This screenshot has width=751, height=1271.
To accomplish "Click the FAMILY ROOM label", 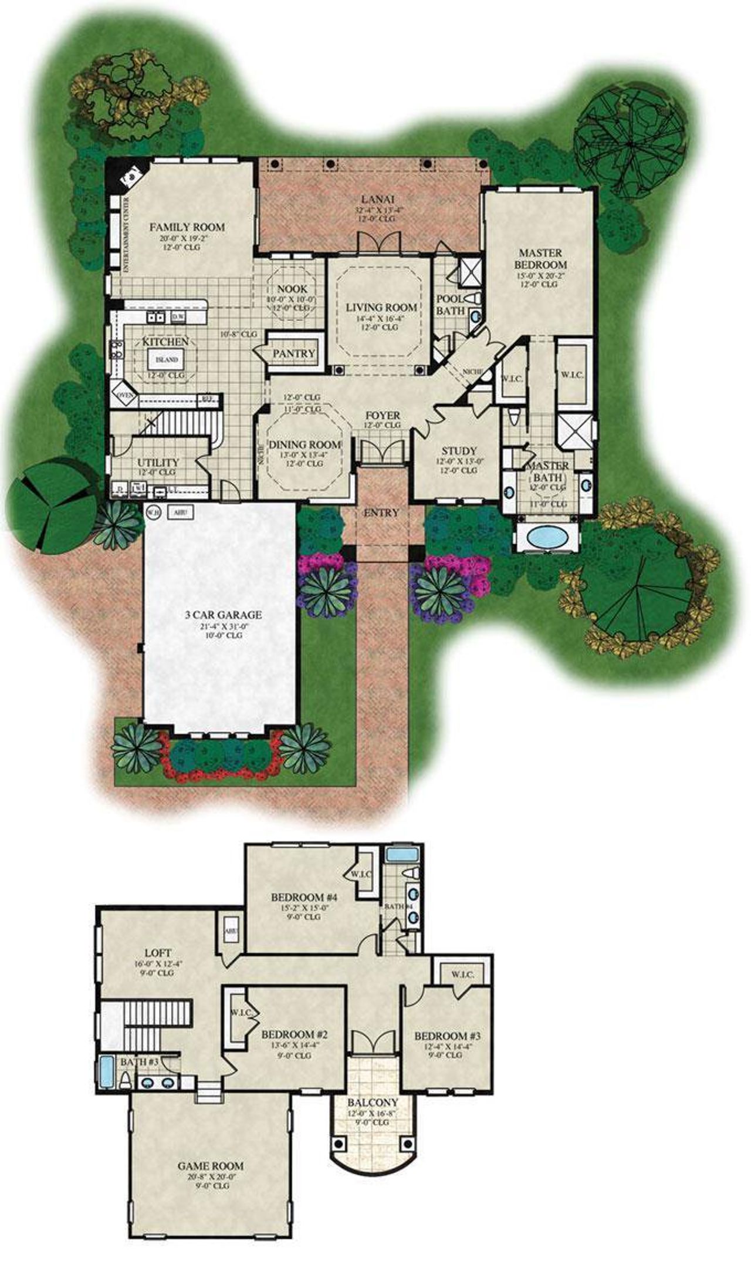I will tap(187, 227).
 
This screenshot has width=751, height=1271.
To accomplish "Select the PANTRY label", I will tap(294, 353).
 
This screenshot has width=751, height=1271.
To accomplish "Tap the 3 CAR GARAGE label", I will tap(220, 615).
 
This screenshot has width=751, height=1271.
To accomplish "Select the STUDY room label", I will tap(459, 451).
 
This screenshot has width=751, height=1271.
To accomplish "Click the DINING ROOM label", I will tap(305, 444).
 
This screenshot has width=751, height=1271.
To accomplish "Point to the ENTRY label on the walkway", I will tap(381, 513).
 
